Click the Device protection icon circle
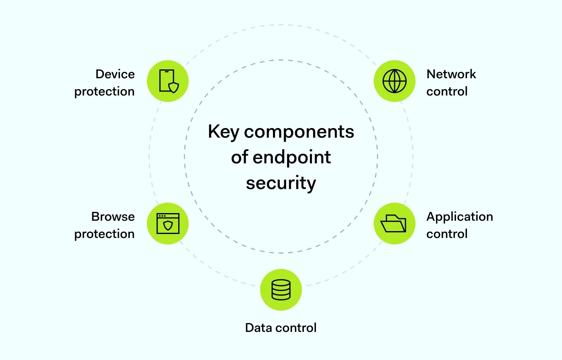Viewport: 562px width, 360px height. pos(168,81)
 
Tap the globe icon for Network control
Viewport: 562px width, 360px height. pos(394,81)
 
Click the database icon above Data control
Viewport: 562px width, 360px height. pos(281,290)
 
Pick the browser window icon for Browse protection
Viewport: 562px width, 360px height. pos(168,224)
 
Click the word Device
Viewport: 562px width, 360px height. pos(115,74)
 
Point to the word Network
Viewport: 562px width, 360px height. pos(451,74)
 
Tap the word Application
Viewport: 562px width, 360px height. pos(460,217)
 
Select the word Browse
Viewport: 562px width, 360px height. pos(113,217)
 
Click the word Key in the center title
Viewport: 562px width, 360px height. pos(223,132)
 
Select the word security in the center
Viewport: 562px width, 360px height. pos(281,183)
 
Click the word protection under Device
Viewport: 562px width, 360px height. pos(104,92)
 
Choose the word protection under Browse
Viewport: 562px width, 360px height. pos(104,234)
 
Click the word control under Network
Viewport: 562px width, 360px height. pos(447,92)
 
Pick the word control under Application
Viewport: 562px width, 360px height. pos(447,234)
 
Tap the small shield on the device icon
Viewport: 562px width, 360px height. pos(173,87)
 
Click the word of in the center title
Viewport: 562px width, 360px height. pos(239,157)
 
